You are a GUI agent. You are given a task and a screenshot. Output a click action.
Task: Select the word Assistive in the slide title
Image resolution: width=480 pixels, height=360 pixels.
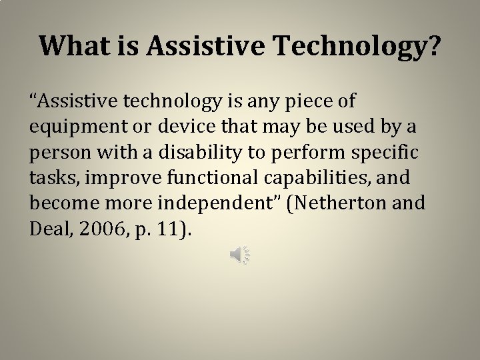204,45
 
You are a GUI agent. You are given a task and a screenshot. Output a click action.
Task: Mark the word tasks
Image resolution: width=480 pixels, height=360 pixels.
49,178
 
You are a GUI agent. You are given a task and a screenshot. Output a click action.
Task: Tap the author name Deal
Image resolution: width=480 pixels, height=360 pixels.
49,229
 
